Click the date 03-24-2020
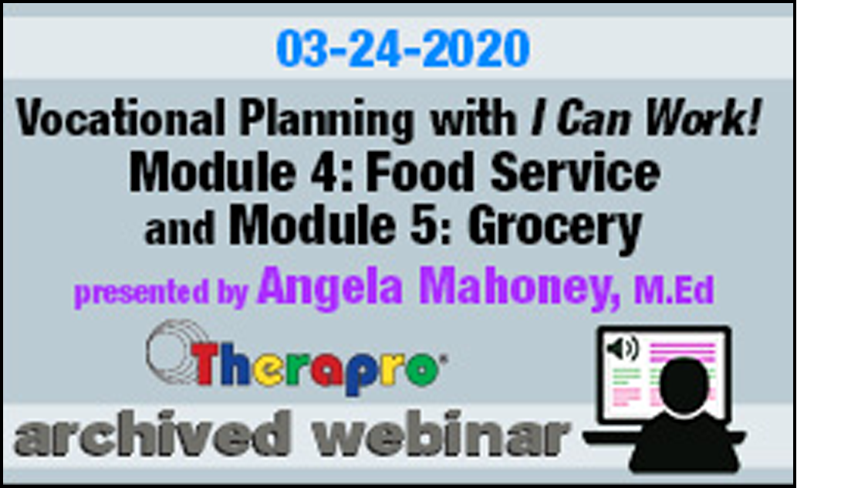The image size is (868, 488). pos(403,48)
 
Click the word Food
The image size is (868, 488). pos(420,171)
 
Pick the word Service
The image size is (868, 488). pos(575,171)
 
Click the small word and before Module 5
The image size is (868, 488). pos(180,229)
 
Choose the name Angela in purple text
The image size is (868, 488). pos(330,287)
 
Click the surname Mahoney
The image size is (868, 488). pos(519,287)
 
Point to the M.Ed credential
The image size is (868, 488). pos(674,290)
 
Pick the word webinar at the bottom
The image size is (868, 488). pos(441,433)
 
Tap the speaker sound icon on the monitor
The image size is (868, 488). pos(623,349)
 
